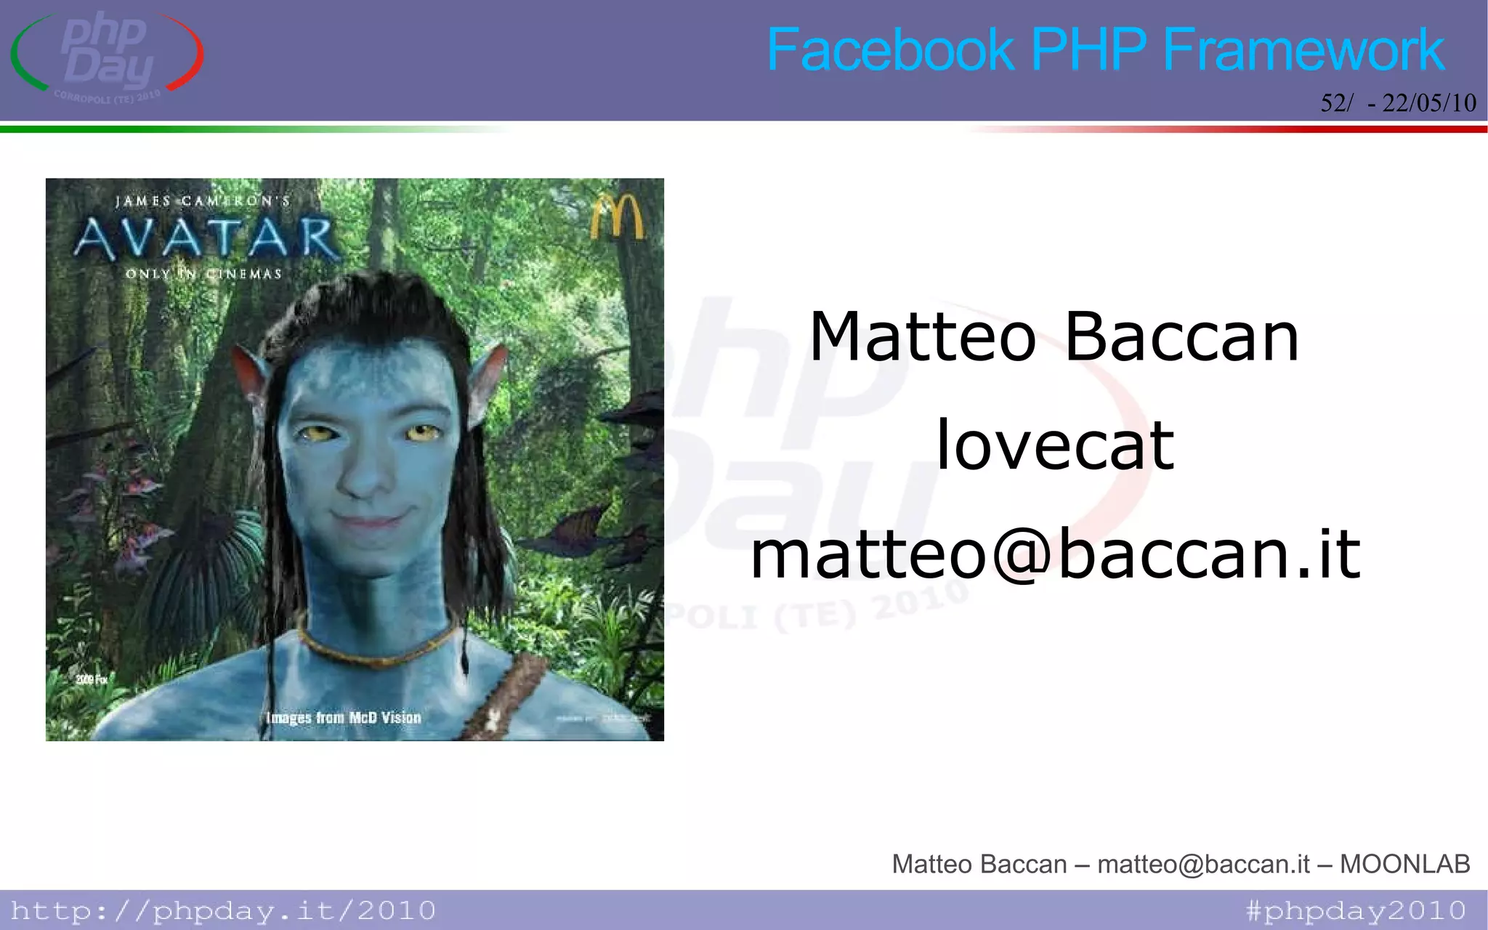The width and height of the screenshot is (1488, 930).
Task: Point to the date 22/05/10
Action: click(x=1428, y=103)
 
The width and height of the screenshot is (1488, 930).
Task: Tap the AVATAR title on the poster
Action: click(x=206, y=238)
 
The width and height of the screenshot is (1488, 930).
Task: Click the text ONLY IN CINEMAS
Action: click(x=203, y=274)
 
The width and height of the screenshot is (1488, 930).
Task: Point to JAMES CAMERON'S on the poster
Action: click(x=203, y=201)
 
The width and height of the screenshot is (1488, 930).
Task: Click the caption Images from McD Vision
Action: click(x=344, y=718)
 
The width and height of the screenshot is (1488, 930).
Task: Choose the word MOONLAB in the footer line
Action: click(x=1404, y=864)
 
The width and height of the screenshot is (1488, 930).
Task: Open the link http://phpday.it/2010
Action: click(x=223, y=910)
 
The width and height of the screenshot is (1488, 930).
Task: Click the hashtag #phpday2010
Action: click(x=1356, y=910)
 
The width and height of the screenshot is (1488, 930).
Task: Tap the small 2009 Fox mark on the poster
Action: click(x=92, y=679)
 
